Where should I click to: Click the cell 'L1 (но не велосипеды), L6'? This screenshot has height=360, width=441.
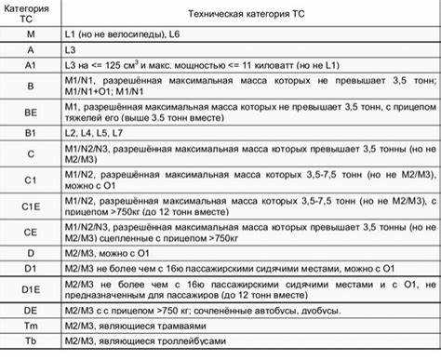point(122,33)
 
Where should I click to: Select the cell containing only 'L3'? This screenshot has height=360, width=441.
point(70,49)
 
